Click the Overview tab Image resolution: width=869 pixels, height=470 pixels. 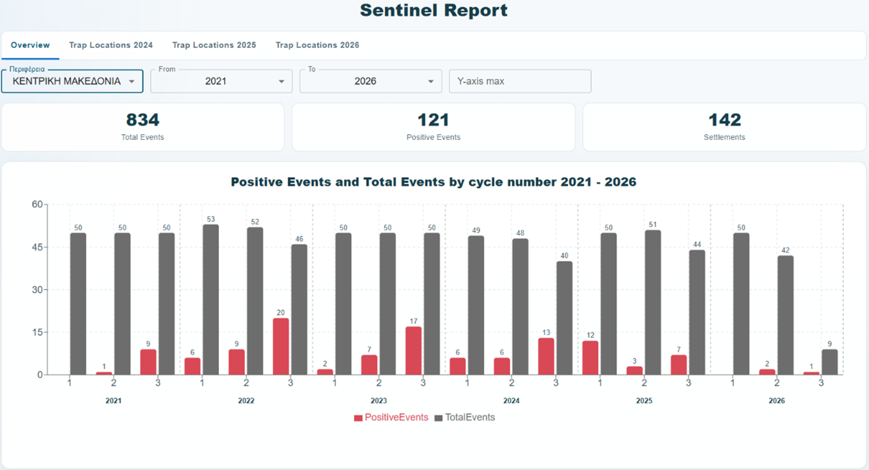point(30,45)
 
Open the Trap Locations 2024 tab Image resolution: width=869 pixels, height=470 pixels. point(111,45)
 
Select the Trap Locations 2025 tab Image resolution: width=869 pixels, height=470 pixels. point(214,45)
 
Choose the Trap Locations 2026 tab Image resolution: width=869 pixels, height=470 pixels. point(317,45)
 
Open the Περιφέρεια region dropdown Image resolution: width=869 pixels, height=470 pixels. point(72,81)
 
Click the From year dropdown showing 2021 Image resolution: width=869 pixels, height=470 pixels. point(221,81)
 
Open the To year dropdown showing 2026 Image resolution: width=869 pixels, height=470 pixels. point(371,81)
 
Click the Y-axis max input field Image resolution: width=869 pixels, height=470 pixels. point(520,81)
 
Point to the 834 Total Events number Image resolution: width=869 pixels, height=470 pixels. point(142,120)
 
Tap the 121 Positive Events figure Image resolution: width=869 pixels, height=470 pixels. point(433,120)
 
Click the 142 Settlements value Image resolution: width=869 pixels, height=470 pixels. point(725,120)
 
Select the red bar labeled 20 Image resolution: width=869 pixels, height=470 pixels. point(281,346)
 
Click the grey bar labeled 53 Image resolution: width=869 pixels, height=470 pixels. point(211,300)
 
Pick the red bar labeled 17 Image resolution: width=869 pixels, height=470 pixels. point(413,350)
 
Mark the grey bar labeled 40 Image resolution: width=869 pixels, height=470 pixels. point(565,318)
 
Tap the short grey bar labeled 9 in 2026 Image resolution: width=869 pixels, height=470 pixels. point(830,362)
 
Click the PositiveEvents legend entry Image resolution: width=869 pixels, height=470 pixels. point(391,418)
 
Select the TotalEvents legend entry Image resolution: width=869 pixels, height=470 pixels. point(465,418)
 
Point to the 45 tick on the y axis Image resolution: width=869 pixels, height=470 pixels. point(37,247)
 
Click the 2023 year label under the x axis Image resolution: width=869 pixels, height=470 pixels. point(378,401)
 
